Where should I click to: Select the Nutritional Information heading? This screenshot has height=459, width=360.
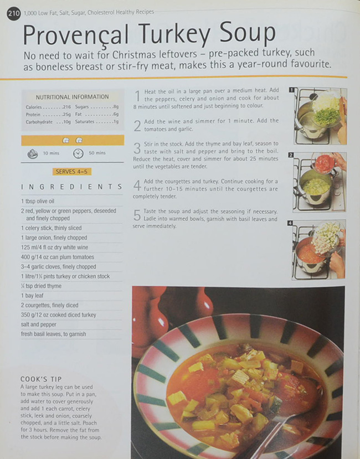(x=72, y=96)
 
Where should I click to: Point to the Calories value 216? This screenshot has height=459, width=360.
(x=66, y=107)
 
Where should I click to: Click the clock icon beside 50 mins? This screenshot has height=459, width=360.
(x=78, y=153)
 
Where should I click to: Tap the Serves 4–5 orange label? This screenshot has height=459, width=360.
(x=72, y=172)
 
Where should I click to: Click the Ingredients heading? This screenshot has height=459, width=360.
(x=71, y=187)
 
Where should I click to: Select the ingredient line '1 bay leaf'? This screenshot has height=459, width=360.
(x=34, y=296)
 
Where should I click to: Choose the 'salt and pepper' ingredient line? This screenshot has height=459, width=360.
(x=39, y=324)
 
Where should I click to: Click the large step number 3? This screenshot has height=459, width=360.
(x=137, y=148)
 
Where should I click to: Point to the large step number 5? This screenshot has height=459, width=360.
(x=137, y=215)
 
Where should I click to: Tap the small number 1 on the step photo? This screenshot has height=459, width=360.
(x=291, y=90)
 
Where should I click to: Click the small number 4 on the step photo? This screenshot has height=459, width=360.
(x=291, y=223)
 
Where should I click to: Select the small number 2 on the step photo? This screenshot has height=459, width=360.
(x=291, y=156)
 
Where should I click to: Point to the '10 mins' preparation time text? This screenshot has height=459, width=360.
(x=50, y=153)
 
